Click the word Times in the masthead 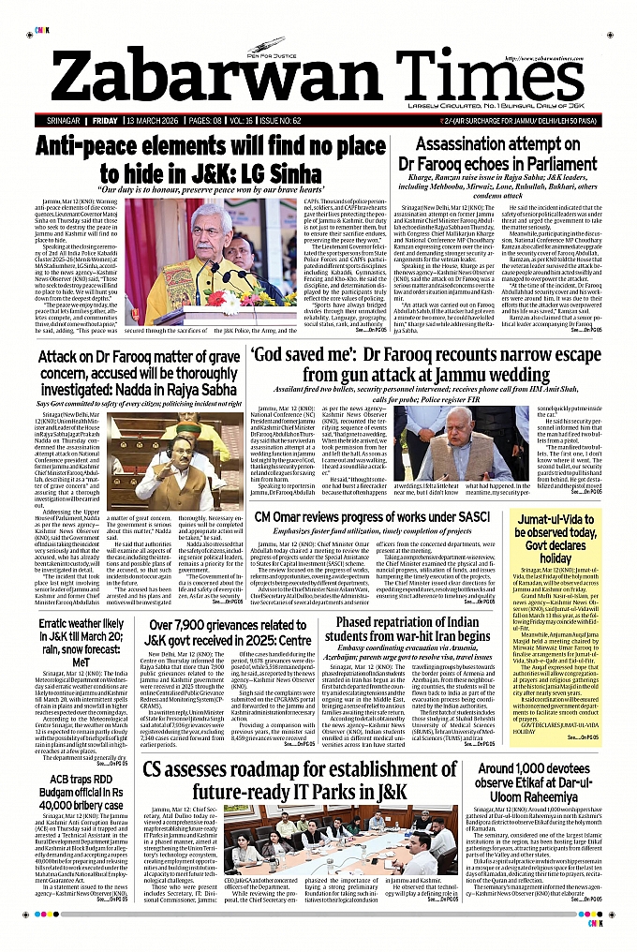point(463,74)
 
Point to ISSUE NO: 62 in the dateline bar point(323,122)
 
